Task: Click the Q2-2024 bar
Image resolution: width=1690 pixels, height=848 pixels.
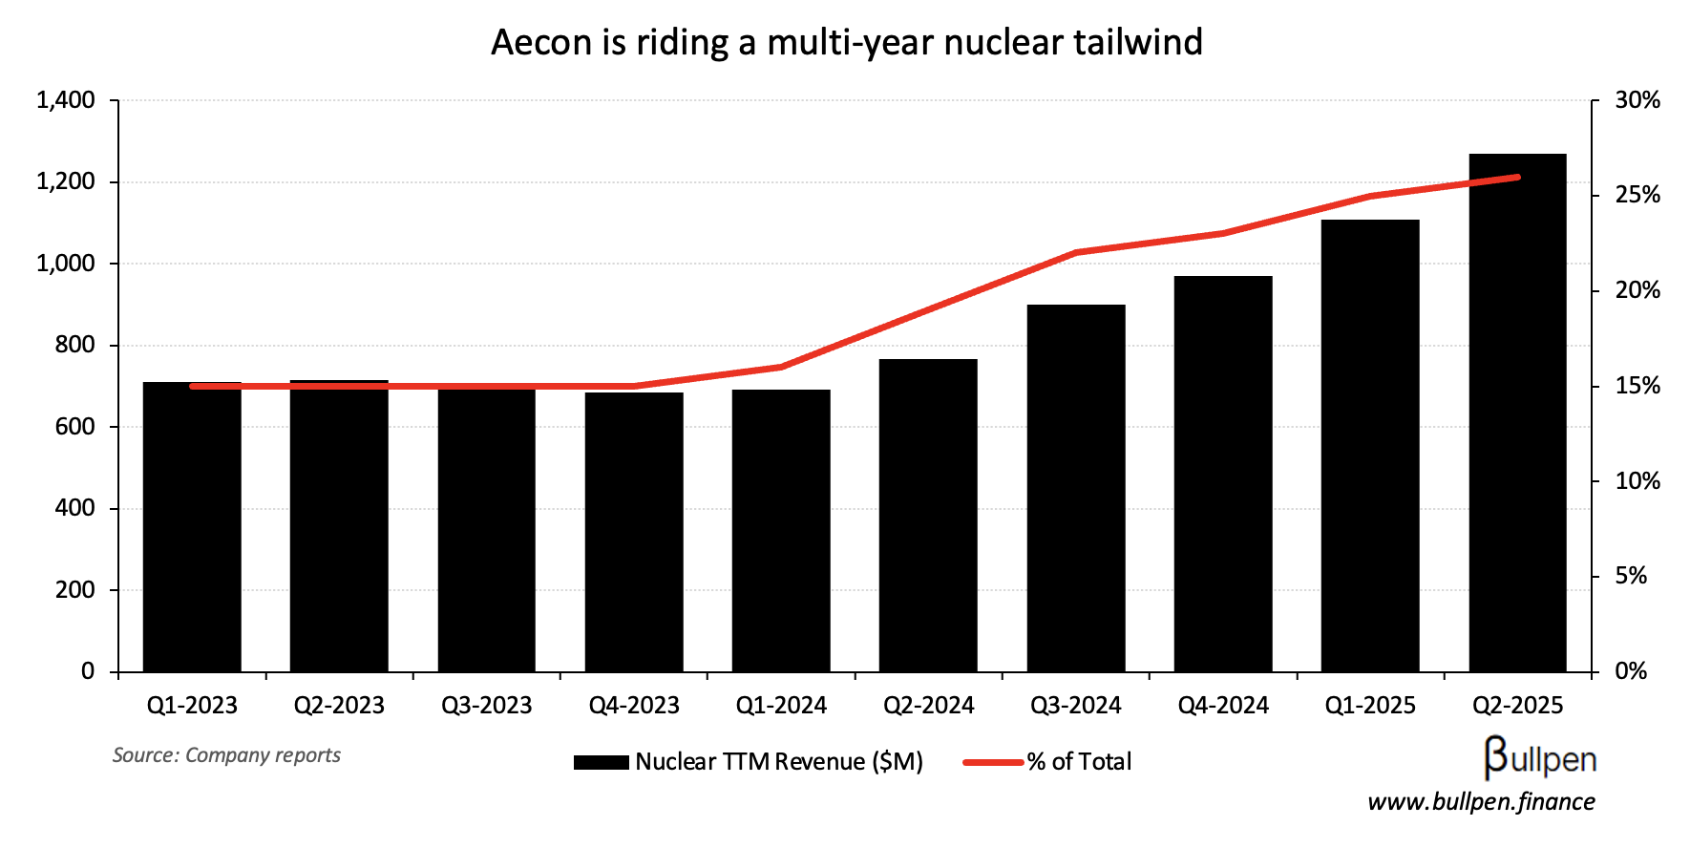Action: (x=928, y=516)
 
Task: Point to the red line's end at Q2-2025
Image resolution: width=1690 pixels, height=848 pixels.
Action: (x=1517, y=177)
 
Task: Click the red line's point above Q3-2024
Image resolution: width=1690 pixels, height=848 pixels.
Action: (x=1076, y=253)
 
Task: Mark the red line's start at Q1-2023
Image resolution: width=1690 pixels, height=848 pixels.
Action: (x=193, y=386)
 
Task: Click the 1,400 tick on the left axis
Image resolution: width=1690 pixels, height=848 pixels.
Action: (x=65, y=100)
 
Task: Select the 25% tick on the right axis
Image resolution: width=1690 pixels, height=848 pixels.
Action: (x=1637, y=196)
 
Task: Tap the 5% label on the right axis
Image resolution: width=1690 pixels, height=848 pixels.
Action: (x=1631, y=576)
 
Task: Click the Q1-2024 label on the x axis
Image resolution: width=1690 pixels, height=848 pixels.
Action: (x=781, y=706)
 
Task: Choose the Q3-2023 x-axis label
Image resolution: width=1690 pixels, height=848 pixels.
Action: (x=486, y=706)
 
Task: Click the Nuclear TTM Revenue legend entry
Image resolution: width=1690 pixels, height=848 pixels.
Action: (x=748, y=762)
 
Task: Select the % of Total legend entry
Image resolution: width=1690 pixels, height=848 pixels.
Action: (x=1048, y=762)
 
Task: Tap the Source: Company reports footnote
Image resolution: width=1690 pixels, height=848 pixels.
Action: (x=226, y=755)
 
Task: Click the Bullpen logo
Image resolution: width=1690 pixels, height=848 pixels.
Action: (x=1539, y=758)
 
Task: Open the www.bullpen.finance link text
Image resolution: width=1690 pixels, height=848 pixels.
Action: (x=1481, y=802)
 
